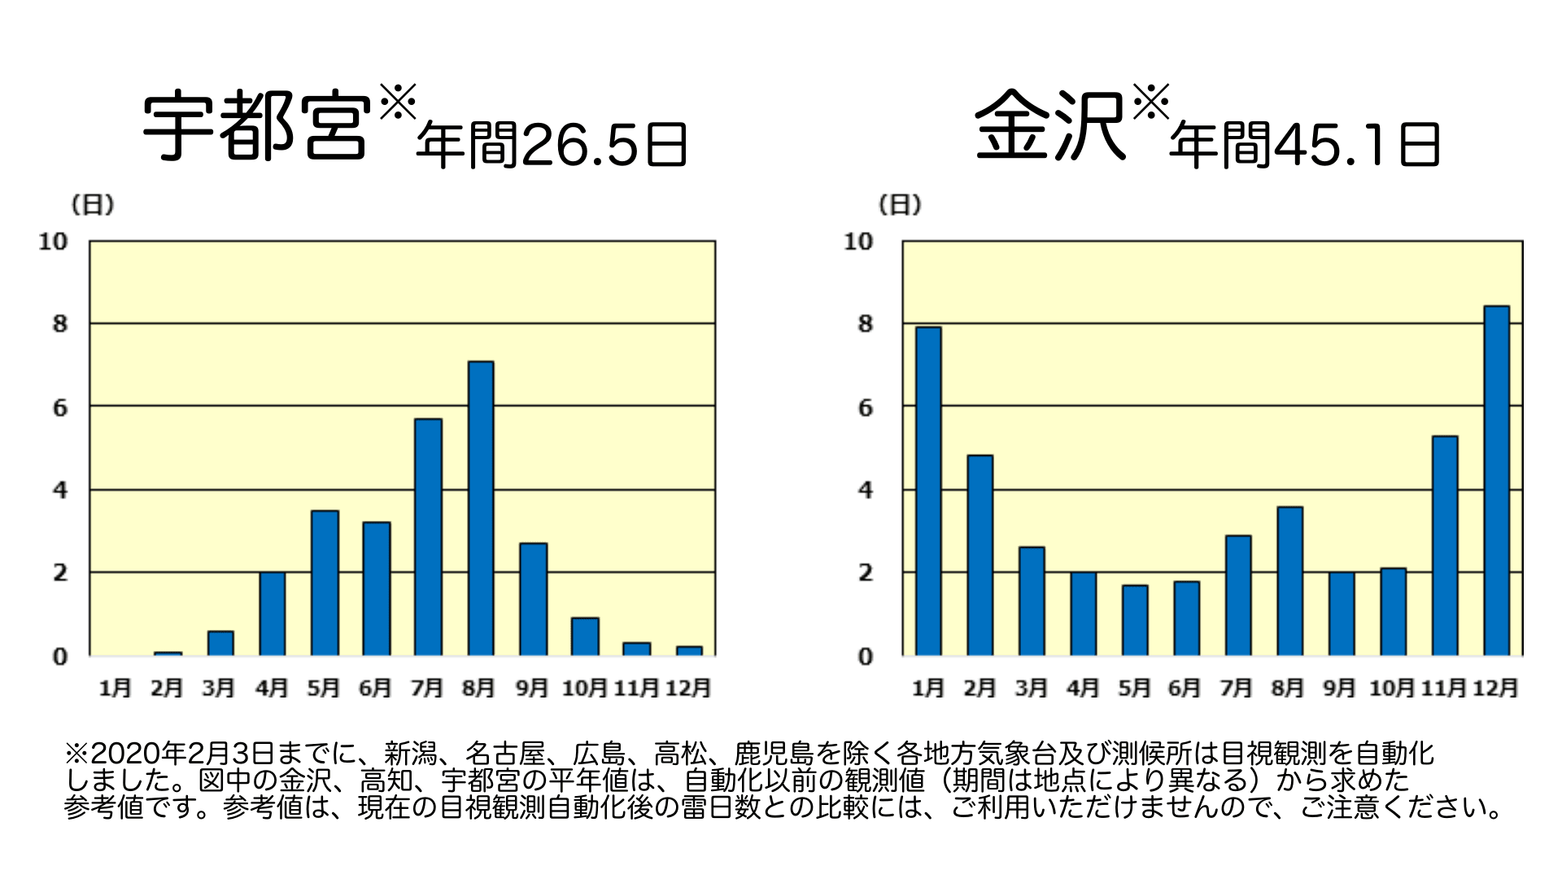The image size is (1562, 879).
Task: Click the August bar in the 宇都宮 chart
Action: pos(480,509)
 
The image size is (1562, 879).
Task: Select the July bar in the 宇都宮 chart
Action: pos(428,537)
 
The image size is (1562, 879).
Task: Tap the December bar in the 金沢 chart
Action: pos(1496,480)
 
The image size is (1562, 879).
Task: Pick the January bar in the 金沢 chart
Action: pos(927,491)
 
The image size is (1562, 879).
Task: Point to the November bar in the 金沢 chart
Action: pos(1444,545)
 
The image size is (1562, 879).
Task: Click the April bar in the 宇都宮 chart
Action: pos(272,614)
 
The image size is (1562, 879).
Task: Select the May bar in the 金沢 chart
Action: pos(1134,620)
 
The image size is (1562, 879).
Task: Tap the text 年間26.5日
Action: pos(552,146)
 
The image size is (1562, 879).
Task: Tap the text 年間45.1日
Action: pos(1304,146)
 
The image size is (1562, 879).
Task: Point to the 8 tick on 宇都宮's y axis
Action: pos(59,324)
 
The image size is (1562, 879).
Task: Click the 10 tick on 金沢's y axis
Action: pos(857,242)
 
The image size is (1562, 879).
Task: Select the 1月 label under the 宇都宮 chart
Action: pos(115,689)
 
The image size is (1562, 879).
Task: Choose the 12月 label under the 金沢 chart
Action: pos(1495,689)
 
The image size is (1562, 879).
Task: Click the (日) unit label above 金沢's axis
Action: pos(900,205)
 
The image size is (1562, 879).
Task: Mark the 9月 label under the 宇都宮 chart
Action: pos(532,689)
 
